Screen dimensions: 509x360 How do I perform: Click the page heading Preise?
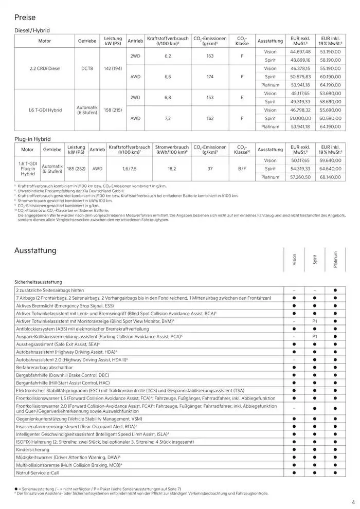[x=25, y=17]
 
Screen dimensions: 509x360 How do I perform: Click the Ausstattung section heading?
[x=35, y=251]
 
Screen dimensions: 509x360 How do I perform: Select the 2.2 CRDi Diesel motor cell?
[x=45, y=68]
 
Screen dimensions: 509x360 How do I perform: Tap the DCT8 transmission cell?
[x=87, y=68]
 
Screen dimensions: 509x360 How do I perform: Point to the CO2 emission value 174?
[x=210, y=77]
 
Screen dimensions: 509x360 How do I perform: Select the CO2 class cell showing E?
[x=242, y=97]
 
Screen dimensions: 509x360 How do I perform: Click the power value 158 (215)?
[x=113, y=110]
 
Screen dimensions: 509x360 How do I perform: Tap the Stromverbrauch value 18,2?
[x=172, y=169]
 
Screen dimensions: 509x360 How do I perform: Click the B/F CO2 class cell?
[x=242, y=169]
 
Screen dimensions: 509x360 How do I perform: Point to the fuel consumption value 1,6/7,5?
[x=130, y=169]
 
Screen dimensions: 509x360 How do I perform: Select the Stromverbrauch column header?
[x=172, y=150]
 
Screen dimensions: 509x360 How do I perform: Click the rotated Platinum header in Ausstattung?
[x=335, y=260]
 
